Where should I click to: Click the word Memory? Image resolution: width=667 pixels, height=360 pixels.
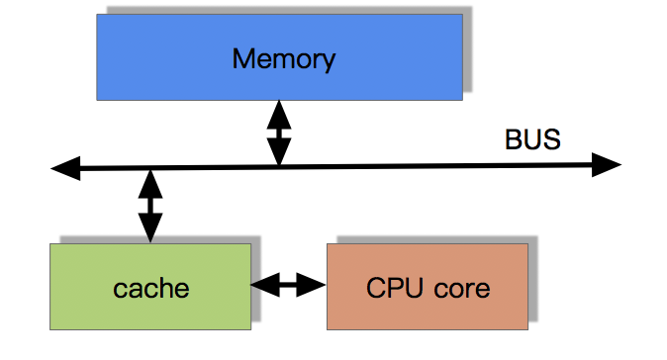click(x=283, y=59)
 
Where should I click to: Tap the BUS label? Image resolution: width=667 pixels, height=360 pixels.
click(x=532, y=140)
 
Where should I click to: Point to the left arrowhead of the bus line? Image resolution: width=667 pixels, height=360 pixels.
click(x=64, y=170)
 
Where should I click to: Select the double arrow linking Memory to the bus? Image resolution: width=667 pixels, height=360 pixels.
click(x=279, y=133)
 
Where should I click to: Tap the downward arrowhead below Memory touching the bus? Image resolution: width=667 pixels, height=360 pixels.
click(x=279, y=152)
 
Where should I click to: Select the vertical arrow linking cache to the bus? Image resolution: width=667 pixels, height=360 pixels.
click(x=149, y=206)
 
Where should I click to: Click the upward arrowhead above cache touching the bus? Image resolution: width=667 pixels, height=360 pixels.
click(x=149, y=183)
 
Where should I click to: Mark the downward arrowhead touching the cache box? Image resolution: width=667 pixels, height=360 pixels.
click(x=149, y=230)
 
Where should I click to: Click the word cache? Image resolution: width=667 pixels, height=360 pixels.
click(x=150, y=289)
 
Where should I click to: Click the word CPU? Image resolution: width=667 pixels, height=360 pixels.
click(x=396, y=288)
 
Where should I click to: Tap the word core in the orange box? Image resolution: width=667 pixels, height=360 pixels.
click(x=460, y=289)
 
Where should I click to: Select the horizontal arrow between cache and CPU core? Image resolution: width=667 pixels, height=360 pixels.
click(x=289, y=286)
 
